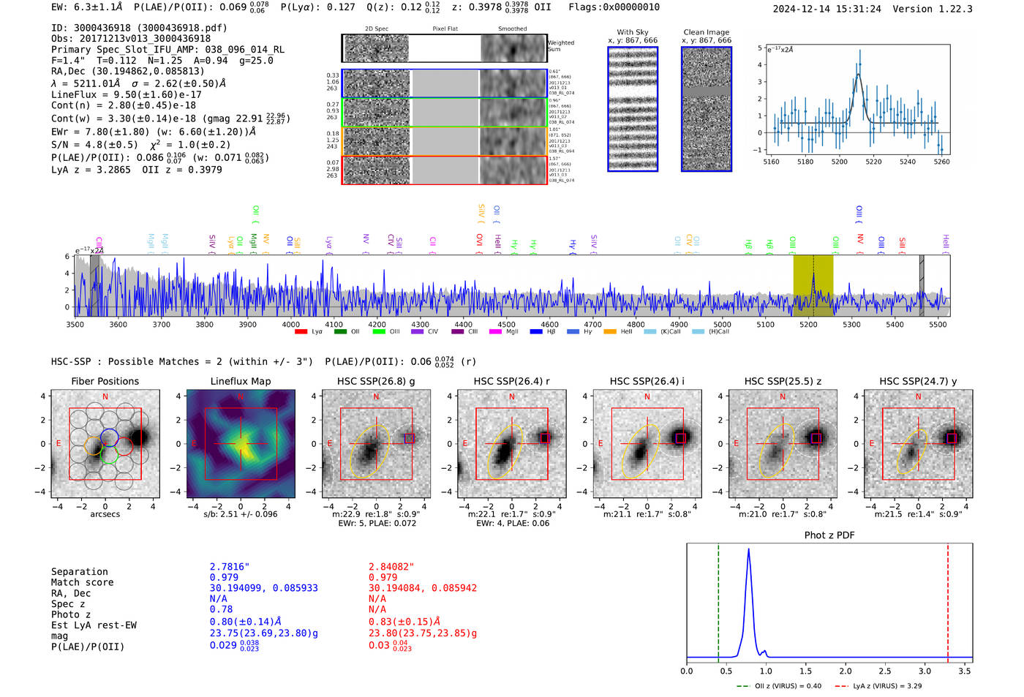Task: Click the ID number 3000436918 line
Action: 139,28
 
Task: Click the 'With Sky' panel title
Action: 633,32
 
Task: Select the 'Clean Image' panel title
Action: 706,32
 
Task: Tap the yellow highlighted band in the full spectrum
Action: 813,285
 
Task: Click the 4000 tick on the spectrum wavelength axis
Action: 291,324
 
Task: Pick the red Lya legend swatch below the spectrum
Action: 301,332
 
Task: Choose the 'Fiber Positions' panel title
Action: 105,381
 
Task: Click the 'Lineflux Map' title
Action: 240,381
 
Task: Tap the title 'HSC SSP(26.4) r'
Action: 511,381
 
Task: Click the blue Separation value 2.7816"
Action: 230,567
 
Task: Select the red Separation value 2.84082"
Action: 391,567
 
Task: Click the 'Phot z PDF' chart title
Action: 829,535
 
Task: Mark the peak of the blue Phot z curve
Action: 748,550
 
